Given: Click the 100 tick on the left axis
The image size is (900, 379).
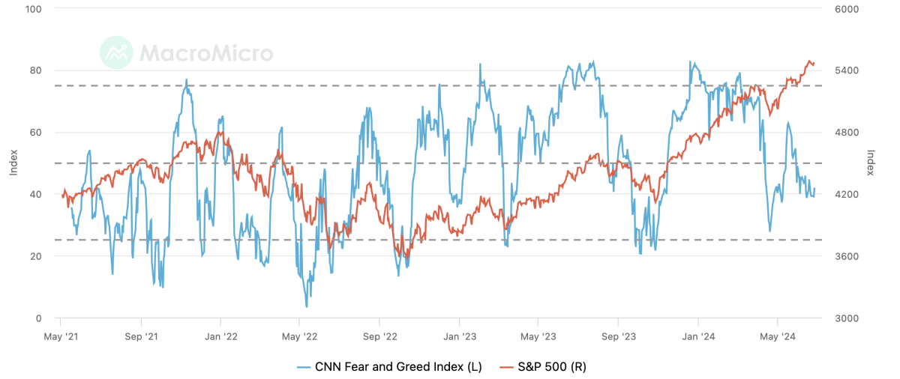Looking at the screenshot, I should pyautogui.click(x=34, y=9).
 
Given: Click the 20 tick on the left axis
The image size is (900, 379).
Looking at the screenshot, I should pyautogui.click(x=37, y=256).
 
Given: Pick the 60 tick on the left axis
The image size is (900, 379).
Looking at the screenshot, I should pyautogui.click(x=37, y=133).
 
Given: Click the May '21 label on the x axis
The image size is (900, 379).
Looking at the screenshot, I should pyautogui.click(x=60, y=338).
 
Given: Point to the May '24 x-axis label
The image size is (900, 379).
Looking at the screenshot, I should pyautogui.click(x=778, y=338).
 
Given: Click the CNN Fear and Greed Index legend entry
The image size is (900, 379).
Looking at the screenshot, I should pyautogui.click(x=389, y=367).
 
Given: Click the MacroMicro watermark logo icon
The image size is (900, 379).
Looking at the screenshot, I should pyautogui.click(x=115, y=52).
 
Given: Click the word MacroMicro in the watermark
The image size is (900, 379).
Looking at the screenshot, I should pyautogui.click(x=205, y=53).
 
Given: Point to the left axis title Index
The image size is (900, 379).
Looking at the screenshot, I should pyautogui.click(x=13, y=163).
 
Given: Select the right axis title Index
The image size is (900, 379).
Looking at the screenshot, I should pyautogui.click(x=871, y=163).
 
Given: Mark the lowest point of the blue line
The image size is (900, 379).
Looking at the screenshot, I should pyautogui.click(x=306, y=306).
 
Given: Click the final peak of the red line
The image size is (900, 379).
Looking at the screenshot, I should pyautogui.click(x=809, y=61).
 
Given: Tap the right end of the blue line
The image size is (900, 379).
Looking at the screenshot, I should pyautogui.click(x=814, y=189).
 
